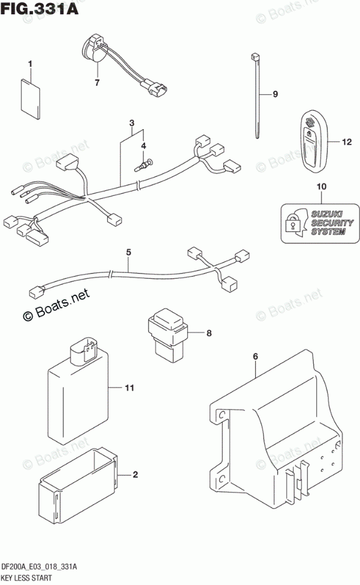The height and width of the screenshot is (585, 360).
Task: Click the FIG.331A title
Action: pyautogui.click(x=41, y=9)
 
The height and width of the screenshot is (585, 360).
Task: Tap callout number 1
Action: pyautogui.click(x=31, y=64)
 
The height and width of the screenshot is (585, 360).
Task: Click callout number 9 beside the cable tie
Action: pyautogui.click(x=275, y=94)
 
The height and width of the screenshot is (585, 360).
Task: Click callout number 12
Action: pyautogui.click(x=347, y=142)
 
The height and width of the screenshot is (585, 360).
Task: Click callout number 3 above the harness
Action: pyautogui.click(x=132, y=123)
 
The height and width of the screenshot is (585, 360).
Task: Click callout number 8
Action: pyautogui.click(x=208, y=333)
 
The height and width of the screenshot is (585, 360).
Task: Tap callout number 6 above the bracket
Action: pyautogui.click(x=255, y=356)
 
